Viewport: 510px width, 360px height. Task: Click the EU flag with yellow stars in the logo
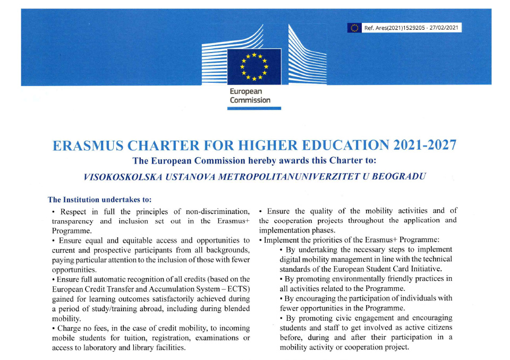point(254,66)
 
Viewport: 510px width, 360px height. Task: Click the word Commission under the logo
point(250,100)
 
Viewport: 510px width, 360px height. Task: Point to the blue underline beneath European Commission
point(254,108)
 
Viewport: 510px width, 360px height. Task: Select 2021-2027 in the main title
point(424,145)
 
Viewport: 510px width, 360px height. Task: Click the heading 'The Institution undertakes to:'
point(100,200)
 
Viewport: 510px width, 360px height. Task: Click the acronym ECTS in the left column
point(240,288)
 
